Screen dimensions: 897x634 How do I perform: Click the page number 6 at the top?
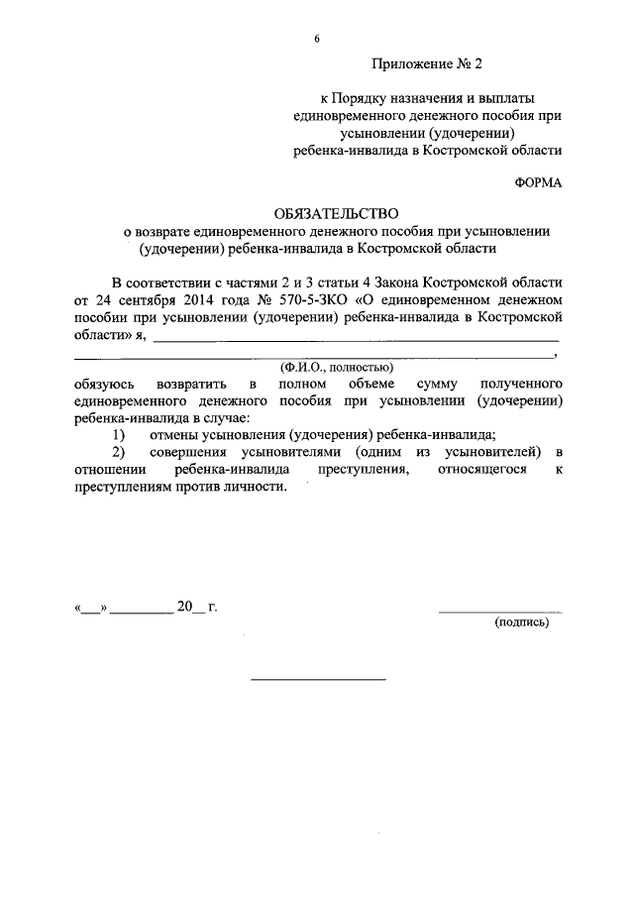click(x=318, y=39)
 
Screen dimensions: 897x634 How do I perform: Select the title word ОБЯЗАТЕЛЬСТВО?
click(x=337, y=212)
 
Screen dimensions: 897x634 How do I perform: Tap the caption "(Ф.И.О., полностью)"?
click(x=337, y=366)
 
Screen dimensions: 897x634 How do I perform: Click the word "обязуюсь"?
click(x=109, y=383)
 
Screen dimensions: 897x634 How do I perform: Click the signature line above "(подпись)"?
click(x=499, y=612)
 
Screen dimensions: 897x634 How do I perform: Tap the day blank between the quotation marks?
click(x=90, y=609)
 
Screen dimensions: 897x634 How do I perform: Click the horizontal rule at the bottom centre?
click(x=318, y=680)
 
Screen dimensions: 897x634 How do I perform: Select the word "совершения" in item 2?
click(x=194, y=452)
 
